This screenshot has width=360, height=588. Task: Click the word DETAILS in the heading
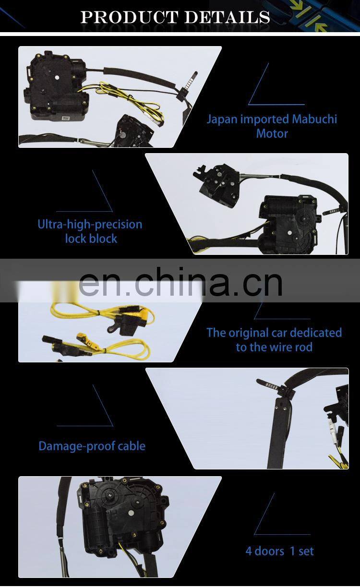click(228, 17)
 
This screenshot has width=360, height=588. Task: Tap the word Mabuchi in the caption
click(314, 119)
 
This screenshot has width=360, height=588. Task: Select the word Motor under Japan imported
click(272, 133)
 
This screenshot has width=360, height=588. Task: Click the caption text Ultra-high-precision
click(90, 224)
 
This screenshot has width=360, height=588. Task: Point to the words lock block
click(91, 239)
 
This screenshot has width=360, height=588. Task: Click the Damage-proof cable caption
click(92, 446)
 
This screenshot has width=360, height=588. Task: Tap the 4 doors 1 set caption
click(279, 551)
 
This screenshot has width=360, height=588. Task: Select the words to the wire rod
click(274, 347)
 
